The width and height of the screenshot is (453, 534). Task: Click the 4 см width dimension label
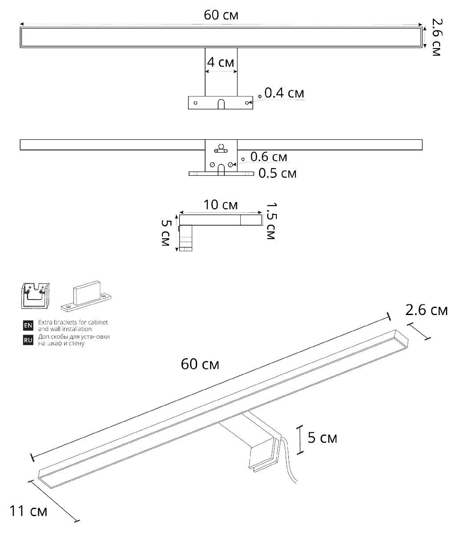pyautogui.click(x=220, y=62)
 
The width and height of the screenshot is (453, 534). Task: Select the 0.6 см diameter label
pyautogui.click(x=269, y=157)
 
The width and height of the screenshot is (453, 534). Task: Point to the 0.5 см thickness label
pyautogui.click(x=277, y=173)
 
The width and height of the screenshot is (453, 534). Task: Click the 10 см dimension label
pyautogui.click(x=221, y=205)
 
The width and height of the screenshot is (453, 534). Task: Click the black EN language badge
pyautogui.click(x=28, y=325)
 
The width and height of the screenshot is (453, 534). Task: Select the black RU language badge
pyautogui.click(x=28, y=340)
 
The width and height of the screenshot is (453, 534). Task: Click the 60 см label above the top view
pyautogui.click(x=221, y=15)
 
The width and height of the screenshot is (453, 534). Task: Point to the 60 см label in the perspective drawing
pyautogui.click(x=200, y=364)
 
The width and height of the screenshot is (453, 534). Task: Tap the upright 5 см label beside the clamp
pyautogui.click(x=323, y=438)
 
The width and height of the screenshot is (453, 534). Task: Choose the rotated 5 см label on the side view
pyautogui.click(x=165, y=234)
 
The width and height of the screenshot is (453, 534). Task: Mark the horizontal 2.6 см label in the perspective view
pyautogui.click(x=426, y=310)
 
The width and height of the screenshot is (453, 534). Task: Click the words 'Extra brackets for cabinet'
pyautogui.click(x=73, y=322)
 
